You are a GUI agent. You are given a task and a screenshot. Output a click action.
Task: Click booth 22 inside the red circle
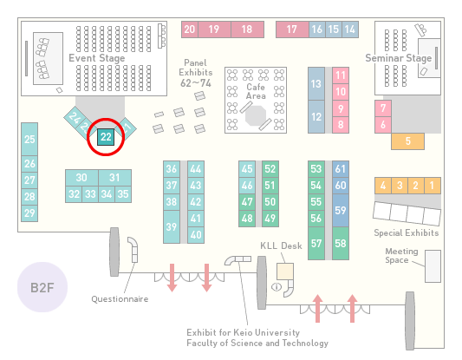[x=106, y=137]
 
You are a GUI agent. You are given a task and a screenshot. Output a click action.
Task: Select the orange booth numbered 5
[x=407, y=141]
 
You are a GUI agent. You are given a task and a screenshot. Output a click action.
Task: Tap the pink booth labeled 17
[x=292, y=29]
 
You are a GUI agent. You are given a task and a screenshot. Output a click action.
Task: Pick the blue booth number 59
[x=341, y=210]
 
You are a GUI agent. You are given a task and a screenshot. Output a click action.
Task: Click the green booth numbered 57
[x=316, y=243]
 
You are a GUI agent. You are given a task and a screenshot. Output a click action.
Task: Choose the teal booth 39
[x=172, y=226]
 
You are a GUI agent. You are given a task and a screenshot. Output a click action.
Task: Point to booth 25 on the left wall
[x=29, y=139]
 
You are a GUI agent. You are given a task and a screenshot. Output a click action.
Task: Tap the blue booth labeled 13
[x=316, y=84]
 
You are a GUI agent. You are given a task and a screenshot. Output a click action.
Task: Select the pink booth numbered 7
[x=383, y=108]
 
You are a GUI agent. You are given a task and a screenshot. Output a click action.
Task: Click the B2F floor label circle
[x=42, y=287]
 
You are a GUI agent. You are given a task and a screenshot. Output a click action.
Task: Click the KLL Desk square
[x=285, y=272]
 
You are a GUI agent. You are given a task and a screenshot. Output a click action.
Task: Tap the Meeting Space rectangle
[x=433, y=266]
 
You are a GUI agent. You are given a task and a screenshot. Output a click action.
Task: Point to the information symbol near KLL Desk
[x=277, y=286]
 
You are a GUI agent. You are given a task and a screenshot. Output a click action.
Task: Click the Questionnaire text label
[x=120, y=299]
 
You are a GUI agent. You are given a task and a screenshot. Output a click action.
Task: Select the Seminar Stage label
[x=399, y=58]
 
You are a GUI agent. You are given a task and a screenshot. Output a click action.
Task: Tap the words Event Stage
[x=96, y=58]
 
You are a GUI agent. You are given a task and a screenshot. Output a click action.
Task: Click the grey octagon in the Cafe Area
[x=256, y=116]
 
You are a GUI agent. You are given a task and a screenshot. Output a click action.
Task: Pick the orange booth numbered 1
[x=433, y=186]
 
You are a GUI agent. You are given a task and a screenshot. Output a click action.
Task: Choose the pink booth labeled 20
[x=190, y=29]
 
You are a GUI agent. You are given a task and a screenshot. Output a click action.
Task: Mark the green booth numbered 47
[x=247, y=202]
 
